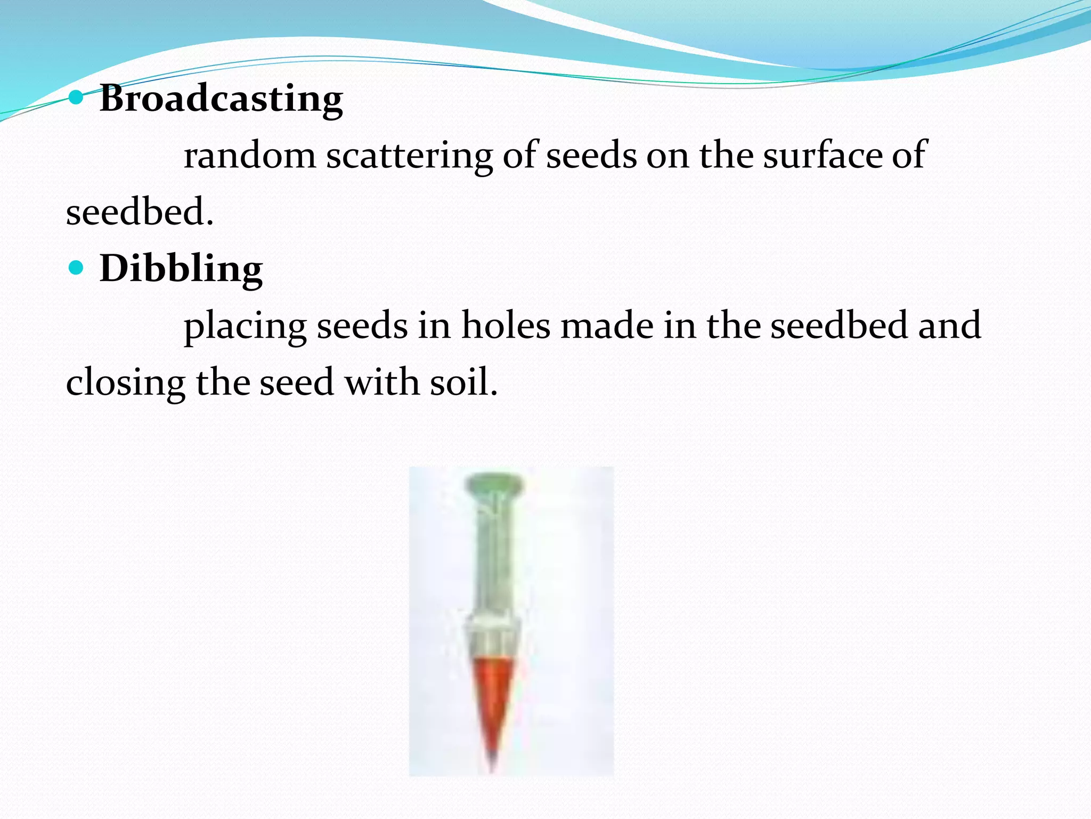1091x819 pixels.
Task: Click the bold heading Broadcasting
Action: point(221,99)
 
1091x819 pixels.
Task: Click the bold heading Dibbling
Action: point(181,268)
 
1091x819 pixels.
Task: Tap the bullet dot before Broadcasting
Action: point(77,97)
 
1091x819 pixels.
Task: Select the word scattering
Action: point(409,156)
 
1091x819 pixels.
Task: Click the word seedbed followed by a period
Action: point(140,212)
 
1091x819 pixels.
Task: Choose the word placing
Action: point(245,326)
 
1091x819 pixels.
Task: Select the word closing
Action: point(126,383)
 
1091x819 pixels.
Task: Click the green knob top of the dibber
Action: point(494,484)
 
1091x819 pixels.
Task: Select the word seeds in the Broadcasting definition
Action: point(591,156)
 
